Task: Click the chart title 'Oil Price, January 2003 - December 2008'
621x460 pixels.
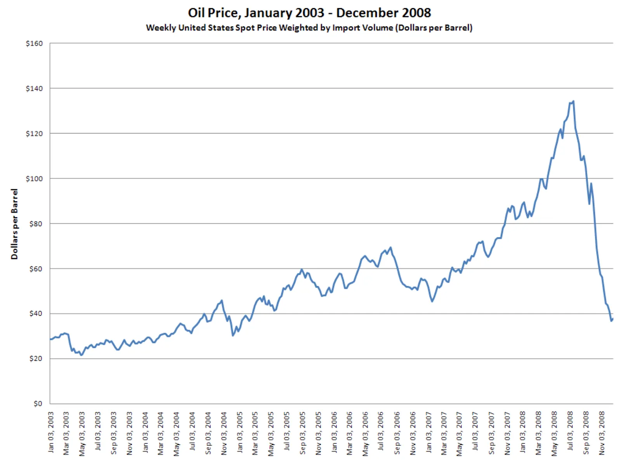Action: pos(309,13)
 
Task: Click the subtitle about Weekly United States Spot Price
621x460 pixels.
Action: pos(309,28)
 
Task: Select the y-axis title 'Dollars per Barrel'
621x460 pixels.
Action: pos(14,224)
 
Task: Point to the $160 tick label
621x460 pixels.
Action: pos(34,43)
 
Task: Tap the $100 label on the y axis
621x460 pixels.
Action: pos(34,179)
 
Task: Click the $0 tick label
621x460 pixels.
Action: pos(37,403)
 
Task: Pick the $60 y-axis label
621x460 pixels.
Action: pos(35,269)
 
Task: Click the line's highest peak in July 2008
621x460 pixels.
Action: pos(573,102)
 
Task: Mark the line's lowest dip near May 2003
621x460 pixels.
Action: pos(81,355)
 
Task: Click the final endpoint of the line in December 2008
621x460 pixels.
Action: pos(612,319)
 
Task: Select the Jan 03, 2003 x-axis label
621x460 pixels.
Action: pos(51,432)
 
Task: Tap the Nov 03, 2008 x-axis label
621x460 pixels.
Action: pos(602,433)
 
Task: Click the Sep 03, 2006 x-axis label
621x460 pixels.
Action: pos(397,433)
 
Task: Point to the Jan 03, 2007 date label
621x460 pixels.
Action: pos(428,432)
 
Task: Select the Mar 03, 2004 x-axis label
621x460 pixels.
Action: pos(161,433)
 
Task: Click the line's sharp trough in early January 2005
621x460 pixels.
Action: pos(233,335)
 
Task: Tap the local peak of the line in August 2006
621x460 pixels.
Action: pos(390,247)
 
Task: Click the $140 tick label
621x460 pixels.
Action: pos(34,89)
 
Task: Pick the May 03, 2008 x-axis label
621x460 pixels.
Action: pos(554,433)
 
